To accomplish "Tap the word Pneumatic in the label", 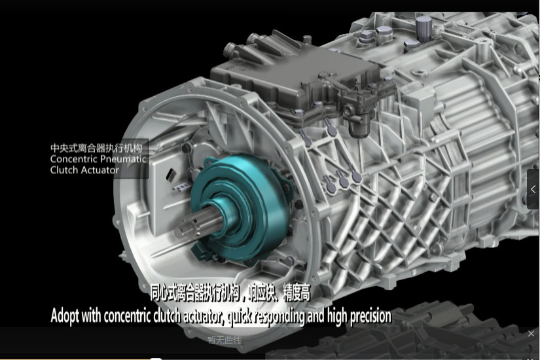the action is [123, 159].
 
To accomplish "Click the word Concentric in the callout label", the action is [74, 159].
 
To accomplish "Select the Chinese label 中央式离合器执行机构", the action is [96, 148].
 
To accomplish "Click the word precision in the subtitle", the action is [370, 317].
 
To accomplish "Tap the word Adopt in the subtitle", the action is [65, 316].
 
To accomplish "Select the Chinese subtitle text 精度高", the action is [297, 293].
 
